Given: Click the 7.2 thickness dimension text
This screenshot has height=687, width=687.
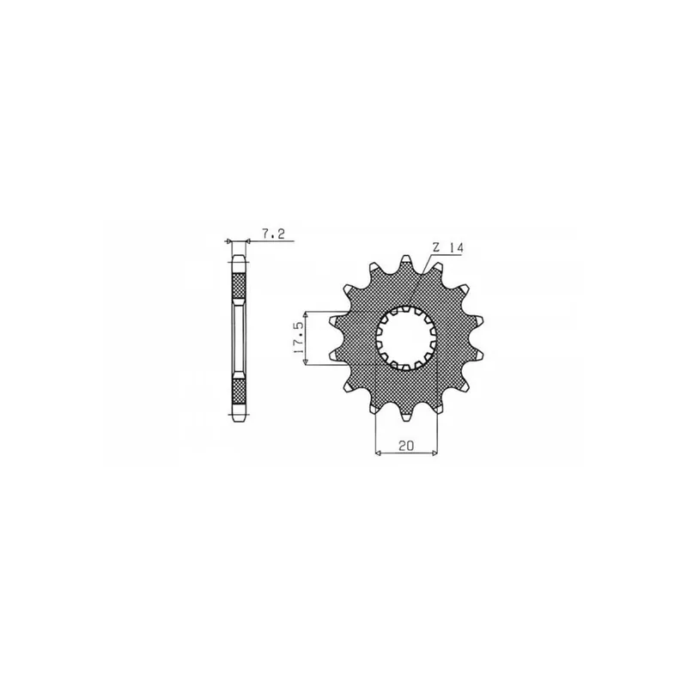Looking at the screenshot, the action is pyautogui.click(x=273, y=234).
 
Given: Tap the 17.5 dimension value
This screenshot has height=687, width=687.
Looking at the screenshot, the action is pyautogui.click(x=299, y=337).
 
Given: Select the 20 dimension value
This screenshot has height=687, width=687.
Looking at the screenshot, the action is pyautogui.click(x=406, y=446).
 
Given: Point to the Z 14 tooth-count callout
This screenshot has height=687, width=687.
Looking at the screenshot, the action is pyautogui.click(x=447, y=248).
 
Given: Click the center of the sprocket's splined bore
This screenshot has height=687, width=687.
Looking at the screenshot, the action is pyautogui.click(x=406, y=337).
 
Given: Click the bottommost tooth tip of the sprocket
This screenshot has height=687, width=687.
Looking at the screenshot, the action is pyautogui.click(x=406, y=416).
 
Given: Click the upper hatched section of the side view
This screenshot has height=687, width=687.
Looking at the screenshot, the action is pyautogui.click(x=239, y=285).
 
